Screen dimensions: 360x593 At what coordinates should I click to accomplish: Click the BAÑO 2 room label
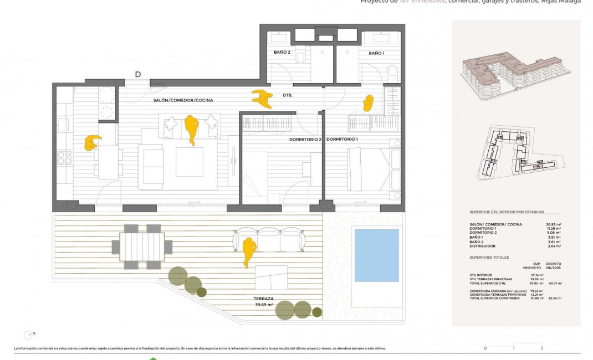tap(282, 53)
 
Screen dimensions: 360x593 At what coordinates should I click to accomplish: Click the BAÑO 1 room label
tap(376, 53)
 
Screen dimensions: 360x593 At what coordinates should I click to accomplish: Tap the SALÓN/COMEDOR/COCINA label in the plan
tap(183, 100)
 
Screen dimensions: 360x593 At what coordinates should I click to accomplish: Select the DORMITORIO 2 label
tap(305, 140)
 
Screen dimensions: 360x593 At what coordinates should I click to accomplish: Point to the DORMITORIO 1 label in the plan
tap(342, 140)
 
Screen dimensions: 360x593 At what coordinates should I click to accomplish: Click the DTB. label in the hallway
tap(287, 95)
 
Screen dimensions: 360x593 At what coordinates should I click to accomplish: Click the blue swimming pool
tap(376, 255)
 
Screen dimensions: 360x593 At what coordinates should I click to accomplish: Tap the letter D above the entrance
tap(138, 75)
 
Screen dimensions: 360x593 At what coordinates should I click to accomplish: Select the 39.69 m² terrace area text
tap(264, 305)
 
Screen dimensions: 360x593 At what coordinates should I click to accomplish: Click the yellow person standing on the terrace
tap(249, 250)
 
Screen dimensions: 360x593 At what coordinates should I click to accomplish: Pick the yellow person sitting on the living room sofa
tap(192, 129)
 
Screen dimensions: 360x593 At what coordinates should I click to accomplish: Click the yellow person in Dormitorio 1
tap(369, 103)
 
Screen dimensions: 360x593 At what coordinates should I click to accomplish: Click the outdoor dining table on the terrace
tap(139, 246)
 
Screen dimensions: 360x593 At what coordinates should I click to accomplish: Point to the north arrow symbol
tap(27, 335)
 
